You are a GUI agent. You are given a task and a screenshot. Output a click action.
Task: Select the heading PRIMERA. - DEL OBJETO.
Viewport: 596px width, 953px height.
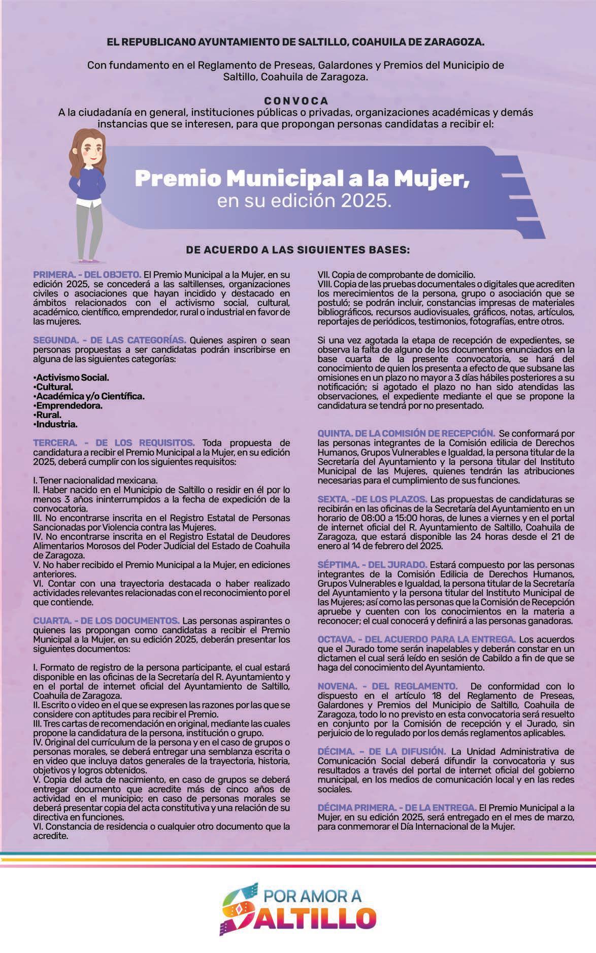tap(87, 275)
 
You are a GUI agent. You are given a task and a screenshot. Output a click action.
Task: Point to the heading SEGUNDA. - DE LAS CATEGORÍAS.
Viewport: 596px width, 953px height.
tap(110, 339)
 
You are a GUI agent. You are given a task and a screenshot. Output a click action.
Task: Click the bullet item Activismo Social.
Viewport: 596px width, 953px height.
tap(72, 378)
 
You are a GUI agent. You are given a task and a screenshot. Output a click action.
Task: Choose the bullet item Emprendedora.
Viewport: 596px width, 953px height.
tap(69, 405)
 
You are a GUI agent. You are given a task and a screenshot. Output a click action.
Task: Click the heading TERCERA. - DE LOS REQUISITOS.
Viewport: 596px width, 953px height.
tap(114, 443)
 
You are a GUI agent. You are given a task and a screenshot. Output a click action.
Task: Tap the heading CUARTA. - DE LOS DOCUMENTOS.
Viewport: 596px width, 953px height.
tap(106, 621)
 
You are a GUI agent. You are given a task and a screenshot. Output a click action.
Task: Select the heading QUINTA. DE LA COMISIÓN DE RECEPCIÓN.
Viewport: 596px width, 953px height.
tap(406, 433)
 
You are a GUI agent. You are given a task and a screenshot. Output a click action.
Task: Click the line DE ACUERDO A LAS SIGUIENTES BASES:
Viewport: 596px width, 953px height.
tap(298, 250)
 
